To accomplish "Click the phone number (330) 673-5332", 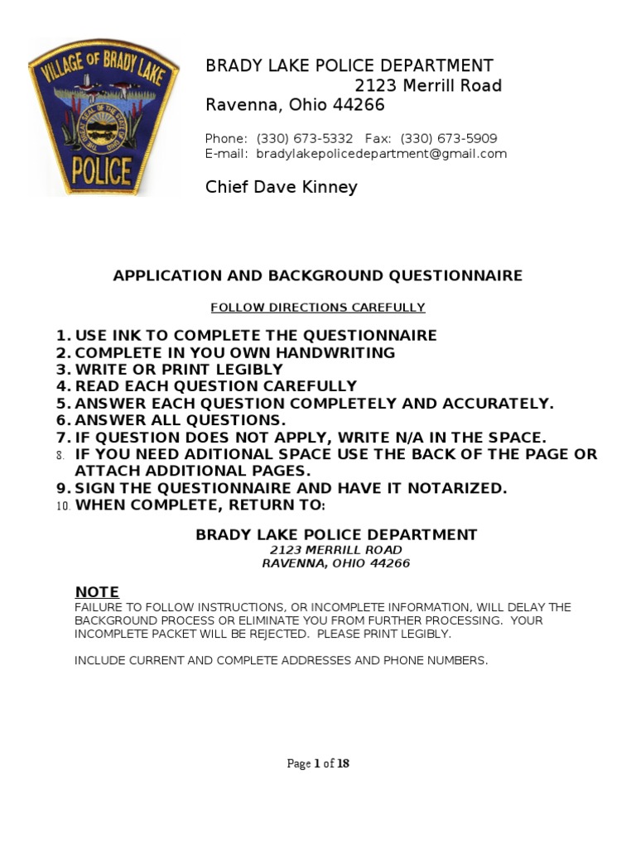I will (x=305, y=139).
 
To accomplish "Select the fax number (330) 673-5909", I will (x=448, y=139).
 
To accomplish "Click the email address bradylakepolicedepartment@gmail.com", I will (x=381, y=154).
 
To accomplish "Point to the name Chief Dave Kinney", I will (x=282, y=187).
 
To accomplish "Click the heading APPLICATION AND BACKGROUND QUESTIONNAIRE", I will (x=318, y=275).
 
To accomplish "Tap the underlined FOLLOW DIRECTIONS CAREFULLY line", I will (x=318, y=308).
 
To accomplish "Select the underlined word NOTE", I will (x=98, y=592).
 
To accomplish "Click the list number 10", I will (x=64, y=506).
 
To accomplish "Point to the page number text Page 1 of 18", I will (x=318, y=763).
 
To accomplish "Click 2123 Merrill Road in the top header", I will (x=428, y=86).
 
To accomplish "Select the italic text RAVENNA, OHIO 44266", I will (x=336, y=563).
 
